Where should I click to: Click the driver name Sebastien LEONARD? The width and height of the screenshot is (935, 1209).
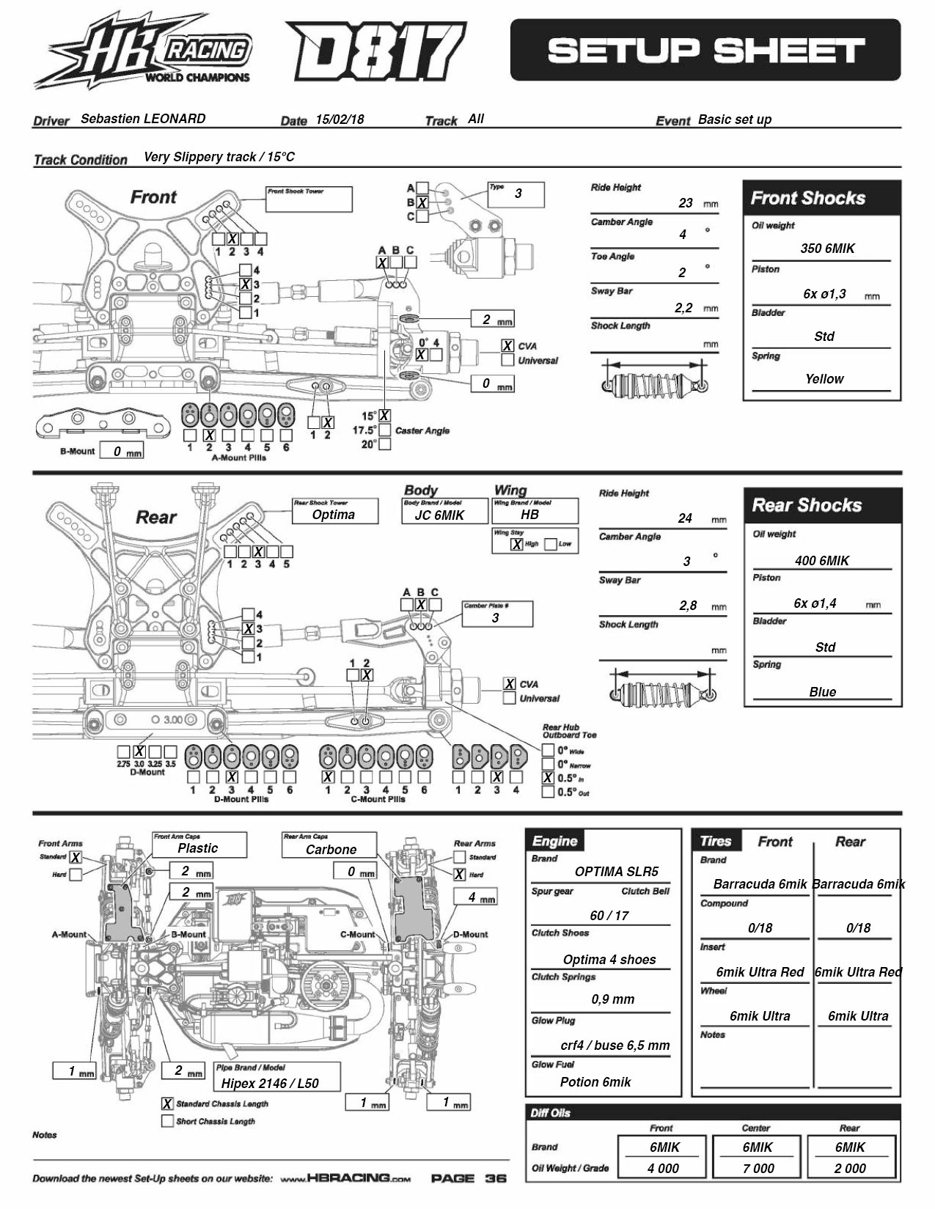[x=143, y=119]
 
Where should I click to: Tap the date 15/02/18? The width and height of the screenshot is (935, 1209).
[x=340, y=120]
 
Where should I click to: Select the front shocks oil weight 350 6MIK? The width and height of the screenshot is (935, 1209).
[x=827, y=249]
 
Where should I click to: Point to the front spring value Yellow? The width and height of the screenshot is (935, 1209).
[x=824, y=379]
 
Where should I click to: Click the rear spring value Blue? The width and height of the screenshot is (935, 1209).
[x=822, y=692]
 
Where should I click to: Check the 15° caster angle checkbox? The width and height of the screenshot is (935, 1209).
[x=384, y=416]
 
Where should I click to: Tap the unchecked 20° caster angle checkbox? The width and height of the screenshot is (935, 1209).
[x=384, y=444]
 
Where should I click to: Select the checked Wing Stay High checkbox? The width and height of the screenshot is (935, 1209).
[x=517, y=544]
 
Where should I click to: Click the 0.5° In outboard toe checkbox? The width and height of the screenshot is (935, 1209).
[x=548, y=778]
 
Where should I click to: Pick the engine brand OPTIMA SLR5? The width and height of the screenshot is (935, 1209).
[x=617, y=872]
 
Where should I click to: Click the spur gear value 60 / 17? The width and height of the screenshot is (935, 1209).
[x=609, y=916]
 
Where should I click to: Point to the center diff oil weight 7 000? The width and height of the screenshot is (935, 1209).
[x=758, y=1169]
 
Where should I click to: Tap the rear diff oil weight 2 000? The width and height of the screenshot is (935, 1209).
[x=850, y=1169]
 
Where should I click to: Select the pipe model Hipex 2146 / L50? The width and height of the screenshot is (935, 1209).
[x=270, y=1083]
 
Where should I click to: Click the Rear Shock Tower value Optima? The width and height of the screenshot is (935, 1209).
[x=334, y=515]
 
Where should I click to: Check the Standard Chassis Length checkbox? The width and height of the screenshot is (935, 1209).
[x=167, y=1104]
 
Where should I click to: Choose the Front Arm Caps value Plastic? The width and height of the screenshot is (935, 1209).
[x=198, y=848]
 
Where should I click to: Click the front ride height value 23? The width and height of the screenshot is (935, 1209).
[x=686, y=203]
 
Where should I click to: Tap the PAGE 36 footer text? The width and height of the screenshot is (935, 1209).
[x=469, y=1179]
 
